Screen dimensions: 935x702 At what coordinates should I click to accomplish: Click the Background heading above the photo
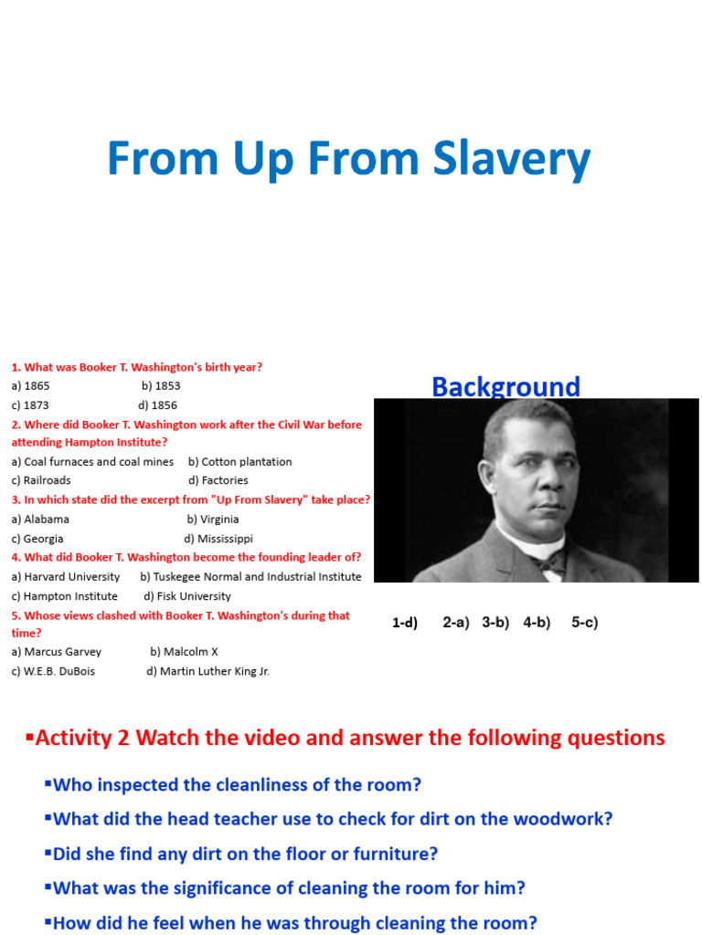[505, 386]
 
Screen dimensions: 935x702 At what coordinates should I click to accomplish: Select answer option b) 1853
[161, 386]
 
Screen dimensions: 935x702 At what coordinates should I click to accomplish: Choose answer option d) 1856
[158, 405]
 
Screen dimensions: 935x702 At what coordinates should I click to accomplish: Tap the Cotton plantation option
[240, 462]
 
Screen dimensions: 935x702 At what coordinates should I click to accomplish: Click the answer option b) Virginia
[213, 520]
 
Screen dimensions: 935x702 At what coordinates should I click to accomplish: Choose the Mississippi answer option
[218, 539]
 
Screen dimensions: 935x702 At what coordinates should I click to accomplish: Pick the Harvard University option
[66, 577]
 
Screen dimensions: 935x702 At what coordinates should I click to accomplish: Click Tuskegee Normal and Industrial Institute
[250, 577]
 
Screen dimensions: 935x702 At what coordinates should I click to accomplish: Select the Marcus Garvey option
[57, 652]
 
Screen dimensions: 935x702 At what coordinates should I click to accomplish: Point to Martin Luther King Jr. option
[208, 671]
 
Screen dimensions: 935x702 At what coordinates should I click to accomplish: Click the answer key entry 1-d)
[405, 623]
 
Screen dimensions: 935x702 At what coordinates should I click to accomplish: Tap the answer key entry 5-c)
[585, 623]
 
